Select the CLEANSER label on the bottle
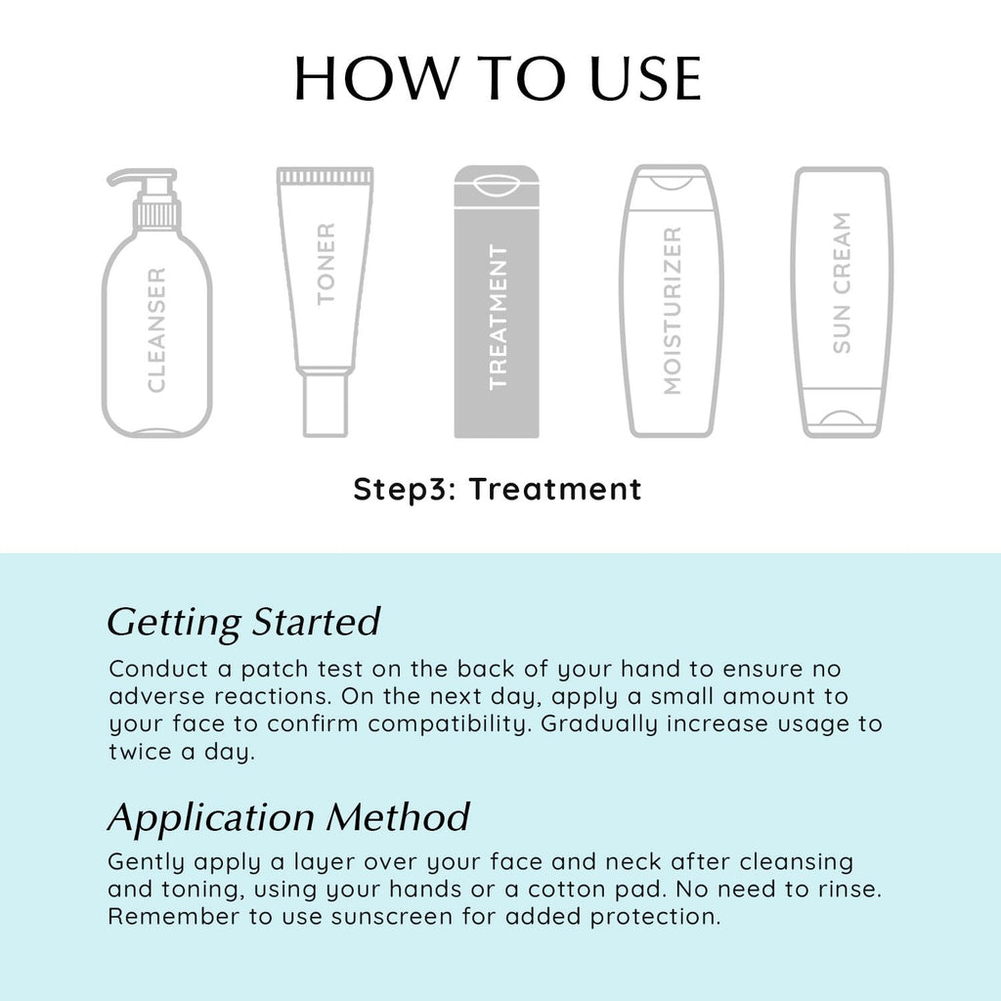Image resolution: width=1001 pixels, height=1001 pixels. tap(156, 330)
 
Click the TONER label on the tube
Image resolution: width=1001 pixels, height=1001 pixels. tap(326, 264)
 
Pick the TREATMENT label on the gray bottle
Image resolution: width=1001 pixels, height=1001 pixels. tap(498, 317)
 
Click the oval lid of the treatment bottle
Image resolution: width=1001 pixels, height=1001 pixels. tap(497, 185)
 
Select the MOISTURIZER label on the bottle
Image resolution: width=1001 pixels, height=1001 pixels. tap(673, 311)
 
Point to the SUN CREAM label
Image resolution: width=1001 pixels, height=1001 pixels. tap(842, 283)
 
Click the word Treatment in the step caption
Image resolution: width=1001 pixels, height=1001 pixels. tap(555, 489)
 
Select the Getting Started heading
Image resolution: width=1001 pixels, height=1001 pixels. tap(243, 622)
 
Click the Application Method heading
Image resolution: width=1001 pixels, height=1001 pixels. tap(288, 818)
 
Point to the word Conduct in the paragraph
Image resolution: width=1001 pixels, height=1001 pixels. tap(158, 669)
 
